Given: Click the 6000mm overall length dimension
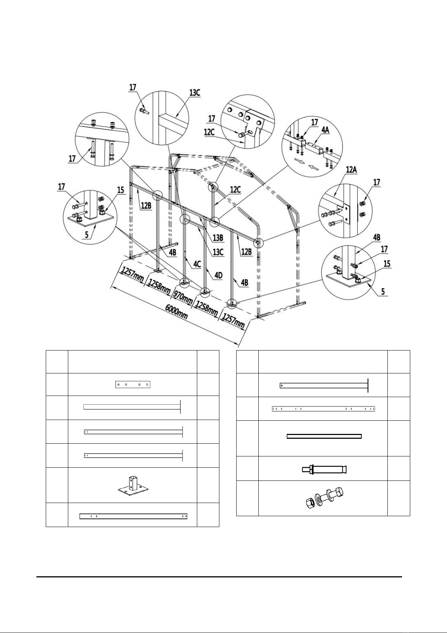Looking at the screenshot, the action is click(176, 312).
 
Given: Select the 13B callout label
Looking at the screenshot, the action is click(218, 238).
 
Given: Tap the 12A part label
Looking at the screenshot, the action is click(351, 169).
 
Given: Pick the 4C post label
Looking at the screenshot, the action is click(197, 264).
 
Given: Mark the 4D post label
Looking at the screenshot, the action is click(218, 275).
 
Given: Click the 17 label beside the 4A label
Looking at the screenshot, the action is click(315, 122).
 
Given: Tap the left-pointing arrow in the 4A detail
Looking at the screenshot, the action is click(313, 167).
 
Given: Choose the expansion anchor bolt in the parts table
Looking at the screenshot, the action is click(324, 470).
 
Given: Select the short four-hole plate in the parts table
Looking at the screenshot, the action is click(133, 385).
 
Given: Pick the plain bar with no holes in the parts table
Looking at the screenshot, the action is click(324, 436).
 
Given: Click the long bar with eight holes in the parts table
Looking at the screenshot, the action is click(324, 409).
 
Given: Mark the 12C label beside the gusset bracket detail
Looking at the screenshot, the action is click(208, 132).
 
